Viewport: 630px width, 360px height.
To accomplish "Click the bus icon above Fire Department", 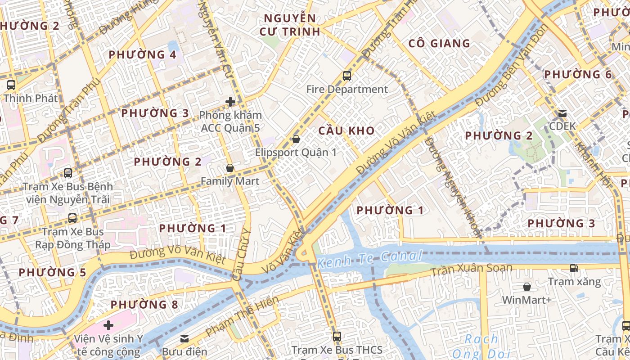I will pyautogui.click(x=346, y=76).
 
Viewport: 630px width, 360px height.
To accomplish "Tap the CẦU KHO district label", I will pyautogui.click(x=346, y=131).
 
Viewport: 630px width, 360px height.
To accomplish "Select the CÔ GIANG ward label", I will pyautogui.click(x=439, y=44).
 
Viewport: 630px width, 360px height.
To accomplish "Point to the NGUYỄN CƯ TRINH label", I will pyautogui.click(x=290, y=25).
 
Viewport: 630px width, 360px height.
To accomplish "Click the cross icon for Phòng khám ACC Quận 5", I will pyautogui.click(x=230, y=102).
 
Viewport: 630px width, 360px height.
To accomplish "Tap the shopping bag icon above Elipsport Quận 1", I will pyautogui.click(x=296, y=139).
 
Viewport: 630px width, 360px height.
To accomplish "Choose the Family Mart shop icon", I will pyautogui.click(x=230, y=168).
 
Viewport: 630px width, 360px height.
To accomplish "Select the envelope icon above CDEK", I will pyautogui.click(x=562, y=113).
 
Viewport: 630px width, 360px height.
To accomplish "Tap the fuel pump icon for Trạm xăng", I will pyautogui.click(x=574, y=268).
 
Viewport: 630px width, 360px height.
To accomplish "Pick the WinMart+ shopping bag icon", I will pyautogui.click(x=526, y=287).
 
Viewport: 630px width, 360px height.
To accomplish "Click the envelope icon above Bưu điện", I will pyautogui.click(x=184, y=338).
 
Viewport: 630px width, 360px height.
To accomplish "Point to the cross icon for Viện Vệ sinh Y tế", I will pyautogui.click(x=108, y=325).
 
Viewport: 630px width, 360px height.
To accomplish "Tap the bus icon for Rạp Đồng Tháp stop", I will pyautogui.click(x=72, y=218).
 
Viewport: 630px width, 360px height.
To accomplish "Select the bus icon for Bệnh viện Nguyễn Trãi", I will pyautogui.click(x=68, y=173).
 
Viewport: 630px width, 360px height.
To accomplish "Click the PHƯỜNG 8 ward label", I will pyautogui.click(x=144, y=305).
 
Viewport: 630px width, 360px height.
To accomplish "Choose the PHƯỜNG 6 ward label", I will pyautogui.click(x=578, y=75).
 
